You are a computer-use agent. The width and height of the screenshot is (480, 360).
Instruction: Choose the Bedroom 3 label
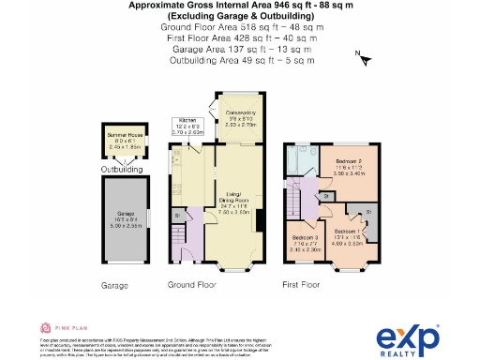pyautogui.click(x=305, y=245)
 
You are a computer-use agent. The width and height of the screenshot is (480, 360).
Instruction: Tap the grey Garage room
pyautogui.click(x=121, y=230)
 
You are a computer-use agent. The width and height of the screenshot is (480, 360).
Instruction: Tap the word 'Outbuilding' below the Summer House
pyautogui.click(x=122, y=170)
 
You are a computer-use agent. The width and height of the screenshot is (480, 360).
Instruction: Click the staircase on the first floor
pyautogui.click(x=299, y=199)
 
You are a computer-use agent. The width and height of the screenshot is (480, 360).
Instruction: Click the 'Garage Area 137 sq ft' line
pyautogui.click(x=242, y=50)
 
